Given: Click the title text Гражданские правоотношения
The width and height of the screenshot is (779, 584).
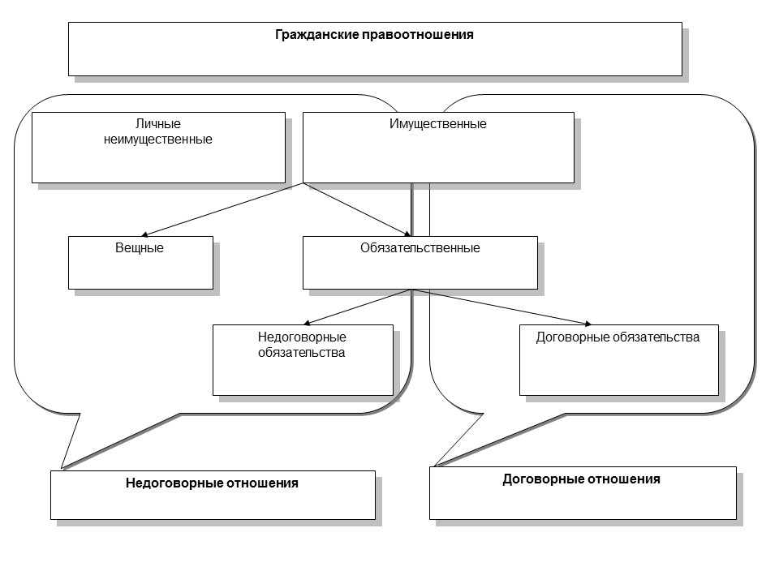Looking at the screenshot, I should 374,35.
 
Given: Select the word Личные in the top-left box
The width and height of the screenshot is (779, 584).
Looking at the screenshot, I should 158,124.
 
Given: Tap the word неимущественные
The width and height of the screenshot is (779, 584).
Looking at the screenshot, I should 158,139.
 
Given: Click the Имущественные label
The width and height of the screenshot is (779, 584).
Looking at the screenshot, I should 438,124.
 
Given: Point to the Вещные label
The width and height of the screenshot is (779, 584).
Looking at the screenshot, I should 140,247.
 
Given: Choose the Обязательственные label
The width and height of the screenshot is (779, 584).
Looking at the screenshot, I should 420,247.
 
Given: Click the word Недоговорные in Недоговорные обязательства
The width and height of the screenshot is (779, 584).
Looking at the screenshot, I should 302,337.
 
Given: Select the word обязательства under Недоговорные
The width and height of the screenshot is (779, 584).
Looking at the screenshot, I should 302,352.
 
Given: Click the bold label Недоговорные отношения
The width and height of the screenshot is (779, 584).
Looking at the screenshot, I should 212,483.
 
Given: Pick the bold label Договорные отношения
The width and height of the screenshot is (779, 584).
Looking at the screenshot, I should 582,479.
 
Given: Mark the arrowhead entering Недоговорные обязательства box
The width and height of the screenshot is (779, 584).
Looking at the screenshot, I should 309,322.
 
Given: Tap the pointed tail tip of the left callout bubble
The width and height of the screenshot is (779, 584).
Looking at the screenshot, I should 62,468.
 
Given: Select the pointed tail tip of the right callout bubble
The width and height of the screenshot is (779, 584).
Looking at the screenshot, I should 436,466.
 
